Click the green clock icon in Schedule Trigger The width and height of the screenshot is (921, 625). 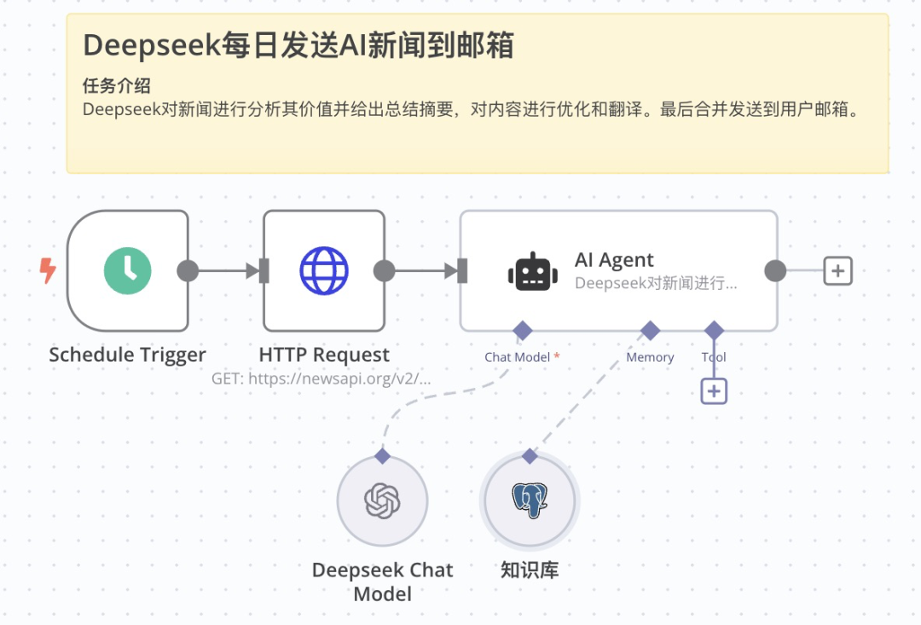pyautogui.click(x=128, y=271)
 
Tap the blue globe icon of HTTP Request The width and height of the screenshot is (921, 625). pyautogui.click(x=324, y=271)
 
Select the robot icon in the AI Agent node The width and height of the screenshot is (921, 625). pyautogui.click(x=533, y=272)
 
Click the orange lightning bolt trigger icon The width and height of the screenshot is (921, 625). pyautogui.click(x=48, y=271)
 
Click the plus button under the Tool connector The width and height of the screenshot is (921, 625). pyautogui.click(x=714, y=391)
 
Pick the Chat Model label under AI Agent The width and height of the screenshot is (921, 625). pyautogui.click(x=517, y=357)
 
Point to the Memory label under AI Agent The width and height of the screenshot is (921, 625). pyautogui.click(x=650, y=357)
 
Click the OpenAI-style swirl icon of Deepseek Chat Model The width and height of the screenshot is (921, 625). pyautogui.click(x=382, y=501)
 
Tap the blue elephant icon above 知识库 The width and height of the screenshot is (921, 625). pyautogui.click(x=530, y=501)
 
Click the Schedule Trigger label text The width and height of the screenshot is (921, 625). pyautogui.click(x=127, y=355)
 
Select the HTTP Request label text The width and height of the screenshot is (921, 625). pyautogui.click(x=324, y=355)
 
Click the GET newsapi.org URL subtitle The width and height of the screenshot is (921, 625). pyautogui.click(x=321, y=378)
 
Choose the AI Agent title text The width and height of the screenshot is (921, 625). pyautogui.click(x=614, y=260)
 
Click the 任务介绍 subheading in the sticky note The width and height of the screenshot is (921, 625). pyautogui.click(x=117, y=86)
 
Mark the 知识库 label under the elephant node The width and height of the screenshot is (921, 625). pyautogui.click(x=530, y=570)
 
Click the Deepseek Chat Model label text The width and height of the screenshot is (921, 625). pyautogui.click(x=382, y=582)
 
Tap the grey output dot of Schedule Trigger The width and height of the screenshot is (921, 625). pyautogui.click(x=188, y=271)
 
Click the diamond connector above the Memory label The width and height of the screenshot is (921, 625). pyautogui.click(x=651, y=330)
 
